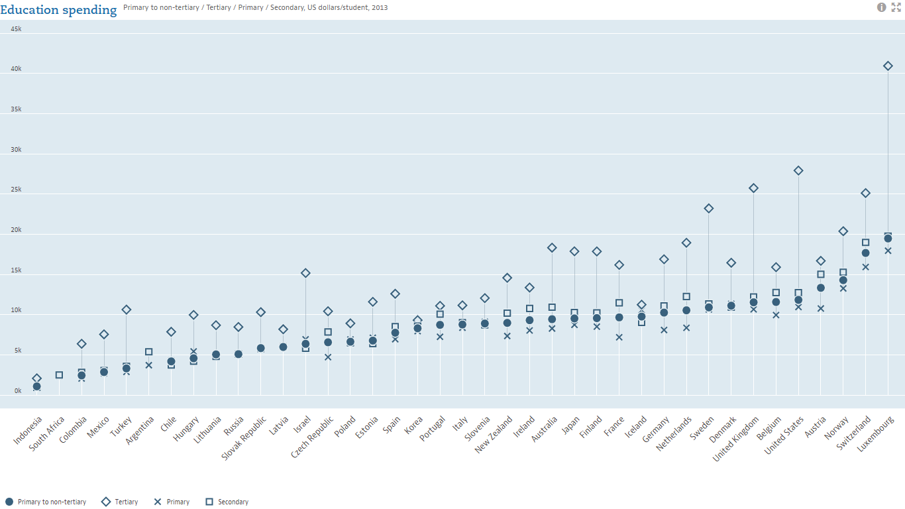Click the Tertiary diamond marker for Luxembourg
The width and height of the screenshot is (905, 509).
coord(888,66)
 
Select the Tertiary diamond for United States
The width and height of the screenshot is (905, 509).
coord(798,170)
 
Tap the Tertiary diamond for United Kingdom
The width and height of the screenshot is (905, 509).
coord(753,188)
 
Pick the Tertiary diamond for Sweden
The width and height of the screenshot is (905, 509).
coord(709,208)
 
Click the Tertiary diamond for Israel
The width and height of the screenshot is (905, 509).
coord(305,273)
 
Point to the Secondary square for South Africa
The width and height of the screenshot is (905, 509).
coord(59,375)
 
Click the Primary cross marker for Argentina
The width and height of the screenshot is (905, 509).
coord(148,365)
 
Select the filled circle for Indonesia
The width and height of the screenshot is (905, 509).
coord(36,386)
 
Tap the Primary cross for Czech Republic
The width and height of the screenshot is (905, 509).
coord(328,357)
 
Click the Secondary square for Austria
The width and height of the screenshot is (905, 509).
coord(821,274)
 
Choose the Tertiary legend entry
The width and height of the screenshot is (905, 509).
coord(120,502)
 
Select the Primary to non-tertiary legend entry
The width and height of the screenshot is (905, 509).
coord(46,502)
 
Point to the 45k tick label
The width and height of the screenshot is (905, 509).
coord(16,28)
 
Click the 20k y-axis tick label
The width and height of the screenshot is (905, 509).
coord(16,230)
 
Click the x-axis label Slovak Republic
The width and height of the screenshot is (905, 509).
coord(244,437)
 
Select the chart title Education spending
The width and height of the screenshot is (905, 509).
coord(59,9)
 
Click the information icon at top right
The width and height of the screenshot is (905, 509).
coord(882,7)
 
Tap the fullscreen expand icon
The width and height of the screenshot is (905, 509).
coord(896,7)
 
